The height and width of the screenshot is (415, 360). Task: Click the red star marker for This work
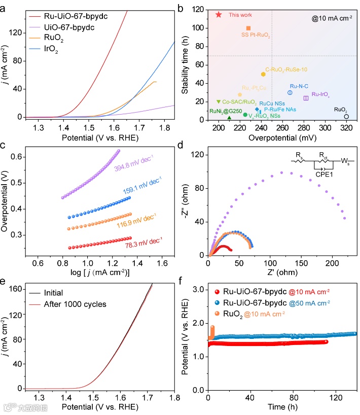tap(219, 15)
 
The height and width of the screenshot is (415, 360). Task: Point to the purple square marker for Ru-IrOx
tap(306, 98)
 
